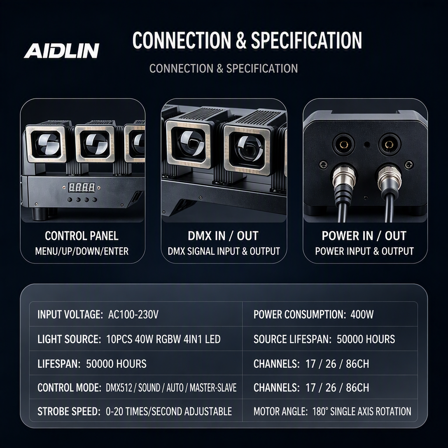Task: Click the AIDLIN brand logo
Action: pos(62,50)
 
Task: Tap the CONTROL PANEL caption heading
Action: pos(81,236)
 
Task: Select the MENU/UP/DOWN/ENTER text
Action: pos(82,251)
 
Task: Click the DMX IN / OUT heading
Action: pos(223,236)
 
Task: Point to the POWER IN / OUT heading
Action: pos(364,236)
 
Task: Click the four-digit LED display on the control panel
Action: pos(82,188)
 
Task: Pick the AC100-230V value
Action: pos(133,315)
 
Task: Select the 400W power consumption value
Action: pos(362,315)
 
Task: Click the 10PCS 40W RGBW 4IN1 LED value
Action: pos(163,339)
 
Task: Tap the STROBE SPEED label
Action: pos(69,412)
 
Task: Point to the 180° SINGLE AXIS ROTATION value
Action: pos(362,412)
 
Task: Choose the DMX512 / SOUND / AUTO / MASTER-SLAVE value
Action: pos(171,388)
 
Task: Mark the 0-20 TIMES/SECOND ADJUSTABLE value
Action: pos(169,412)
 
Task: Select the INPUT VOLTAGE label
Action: pos(70,315)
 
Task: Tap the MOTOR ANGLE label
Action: pos(280,412)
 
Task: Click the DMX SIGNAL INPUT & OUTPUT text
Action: pos(224,251)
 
